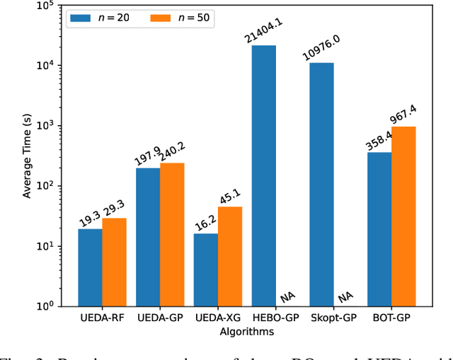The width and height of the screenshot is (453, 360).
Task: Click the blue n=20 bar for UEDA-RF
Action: (90, 267)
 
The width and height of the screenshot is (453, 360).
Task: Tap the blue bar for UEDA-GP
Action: (148, 237)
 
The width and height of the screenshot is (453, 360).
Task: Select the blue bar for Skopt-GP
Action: (321, 184)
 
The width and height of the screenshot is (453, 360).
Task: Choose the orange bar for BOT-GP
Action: (403, 216)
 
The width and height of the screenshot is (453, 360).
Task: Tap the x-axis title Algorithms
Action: (246, 331)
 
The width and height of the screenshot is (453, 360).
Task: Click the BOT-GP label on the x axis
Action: (391, 319)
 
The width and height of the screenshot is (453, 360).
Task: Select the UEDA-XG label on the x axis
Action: (217, 319)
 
